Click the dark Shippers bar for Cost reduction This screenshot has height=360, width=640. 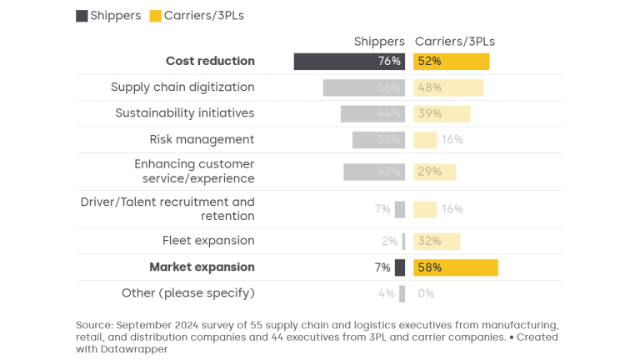pyautogui.click(x=349, y=61)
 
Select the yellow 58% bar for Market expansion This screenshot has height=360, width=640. pyautogui.click(x=456, y=267)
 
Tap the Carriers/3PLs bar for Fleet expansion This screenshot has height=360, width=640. pyautogui.click(x=437, y=241)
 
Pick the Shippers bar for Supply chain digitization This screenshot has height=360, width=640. pyautogui.click(x=364, y=87)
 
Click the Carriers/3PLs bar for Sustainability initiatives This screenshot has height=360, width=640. pyautogui.click(x=442, y=113)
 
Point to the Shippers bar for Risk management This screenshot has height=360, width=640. pyautogui.click(x=378, y=140)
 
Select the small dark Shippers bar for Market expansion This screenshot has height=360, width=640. pyautogui.click(x=400, y=267)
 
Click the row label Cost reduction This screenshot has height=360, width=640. pyautogui.click(x=210, y=61)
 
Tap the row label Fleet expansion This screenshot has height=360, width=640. pyautogui.click(x=208, y=241)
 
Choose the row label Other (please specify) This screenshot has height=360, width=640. pyautogui.click(x=187, y=293)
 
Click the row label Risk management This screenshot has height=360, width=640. pyautogui.click(x=202, y=140)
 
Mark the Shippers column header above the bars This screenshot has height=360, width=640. pyautogui.click(x=379, y=42)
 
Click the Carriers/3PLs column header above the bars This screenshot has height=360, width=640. pyautogui.click(x=455, y=42)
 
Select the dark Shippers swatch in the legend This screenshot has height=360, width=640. pyautogui.click(x=82, y=16)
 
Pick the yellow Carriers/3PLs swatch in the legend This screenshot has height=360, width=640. pyautogui.click(x=155, y=16)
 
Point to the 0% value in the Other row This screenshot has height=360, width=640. pyautogui.click(x=426, y=293)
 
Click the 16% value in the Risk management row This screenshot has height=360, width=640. pyautogui.click(x=452, y=140)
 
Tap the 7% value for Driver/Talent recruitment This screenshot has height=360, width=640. pyautogui.click(x=382, y=209)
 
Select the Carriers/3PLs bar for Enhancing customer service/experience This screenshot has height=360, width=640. pyautogui.click(x=434, y=172)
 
